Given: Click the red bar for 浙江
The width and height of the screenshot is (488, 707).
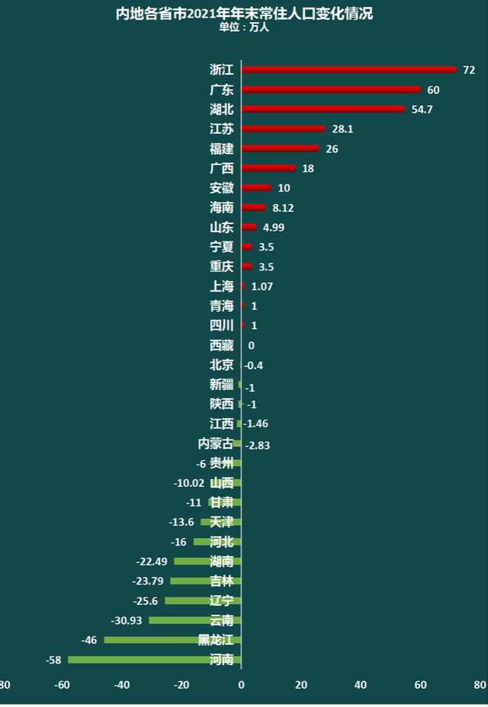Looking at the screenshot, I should tap(348, 69).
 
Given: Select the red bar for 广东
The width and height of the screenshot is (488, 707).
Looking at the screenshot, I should tap(331, 89).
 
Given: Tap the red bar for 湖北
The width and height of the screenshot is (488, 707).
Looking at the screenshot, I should tap(323, 109).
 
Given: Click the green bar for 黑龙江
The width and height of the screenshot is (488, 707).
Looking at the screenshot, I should tap(172, 640).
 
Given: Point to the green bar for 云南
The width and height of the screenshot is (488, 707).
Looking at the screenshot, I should tap(194, 620).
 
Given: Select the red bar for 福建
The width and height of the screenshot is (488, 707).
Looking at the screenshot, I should tap(280, 149).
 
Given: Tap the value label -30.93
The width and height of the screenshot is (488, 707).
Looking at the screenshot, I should tap(127, 621).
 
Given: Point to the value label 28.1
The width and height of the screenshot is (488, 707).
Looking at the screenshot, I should tap(342, 130).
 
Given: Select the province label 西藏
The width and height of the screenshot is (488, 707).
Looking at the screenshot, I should tap(222, 345).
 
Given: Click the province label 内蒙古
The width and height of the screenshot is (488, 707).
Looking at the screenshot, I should tap(216, 443).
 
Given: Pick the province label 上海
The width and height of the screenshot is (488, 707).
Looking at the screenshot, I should tap(222, 286).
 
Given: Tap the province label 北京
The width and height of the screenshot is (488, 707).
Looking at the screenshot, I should tap(222, 365).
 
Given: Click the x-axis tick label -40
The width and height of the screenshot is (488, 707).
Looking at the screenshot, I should tap(122, 684).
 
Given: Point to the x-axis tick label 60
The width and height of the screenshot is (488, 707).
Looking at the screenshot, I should tap(420, 684).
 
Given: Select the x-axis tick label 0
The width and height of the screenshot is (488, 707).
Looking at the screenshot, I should tap(241, 684).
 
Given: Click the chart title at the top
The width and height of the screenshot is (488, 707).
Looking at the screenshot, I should tap(244, 14).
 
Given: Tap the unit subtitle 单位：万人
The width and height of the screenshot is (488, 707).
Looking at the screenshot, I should tap(244, 27).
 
